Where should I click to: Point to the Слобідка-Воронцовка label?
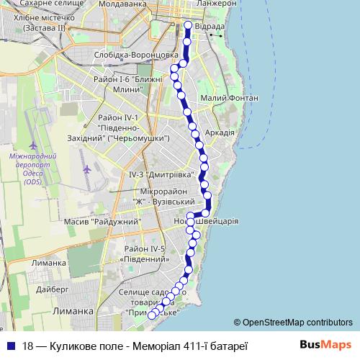[135, 55]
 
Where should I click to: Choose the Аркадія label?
[220, 132]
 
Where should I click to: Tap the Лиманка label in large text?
[75, 310]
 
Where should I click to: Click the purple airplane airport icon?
[88, 170]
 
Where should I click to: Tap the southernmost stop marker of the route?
[152, 314]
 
